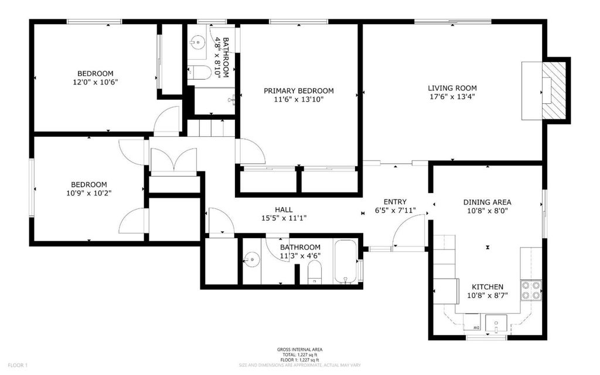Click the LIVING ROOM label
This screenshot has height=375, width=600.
pos(452,88)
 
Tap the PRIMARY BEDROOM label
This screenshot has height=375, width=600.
pos(298,91)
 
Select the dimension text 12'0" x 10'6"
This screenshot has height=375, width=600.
pos(96,82)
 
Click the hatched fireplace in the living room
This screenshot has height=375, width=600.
pos(554,90)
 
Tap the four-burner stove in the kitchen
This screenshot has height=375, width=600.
pos(531,290)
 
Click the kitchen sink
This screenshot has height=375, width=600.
pos(496,323)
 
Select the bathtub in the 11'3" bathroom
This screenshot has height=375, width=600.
pos(346,262)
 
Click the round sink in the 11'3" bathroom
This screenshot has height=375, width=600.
pos(251,259)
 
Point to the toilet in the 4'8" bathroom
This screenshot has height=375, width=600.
pos(199,72)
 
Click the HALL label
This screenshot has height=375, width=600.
pos(284,210)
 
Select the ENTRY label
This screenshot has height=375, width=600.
pos(395,202)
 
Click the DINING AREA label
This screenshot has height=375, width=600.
pos(487,202)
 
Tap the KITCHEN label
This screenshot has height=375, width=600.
pos(487,287)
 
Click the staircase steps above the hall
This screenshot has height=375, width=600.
pos(211,128)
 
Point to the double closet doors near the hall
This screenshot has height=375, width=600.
pos(173,160)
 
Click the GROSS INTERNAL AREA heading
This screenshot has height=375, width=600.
pos(299,350)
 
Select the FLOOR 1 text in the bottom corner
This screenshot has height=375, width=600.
pos(18,366)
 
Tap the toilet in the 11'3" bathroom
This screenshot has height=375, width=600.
pos(315,273)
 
